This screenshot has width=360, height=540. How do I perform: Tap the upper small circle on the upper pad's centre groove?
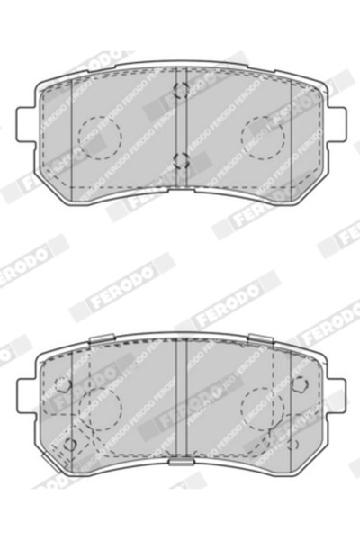pyautogui.click(x=181, y=90)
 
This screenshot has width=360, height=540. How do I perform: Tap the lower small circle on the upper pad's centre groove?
pyautogui.click(x=181, y=162)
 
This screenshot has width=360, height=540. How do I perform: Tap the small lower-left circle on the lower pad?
pyautogui.click(x=70, y=445)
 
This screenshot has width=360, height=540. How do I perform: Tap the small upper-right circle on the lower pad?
pyautogui.click(x=298, y=384)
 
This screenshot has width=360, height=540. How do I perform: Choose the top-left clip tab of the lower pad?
pyautogui.click(x=101, y=338)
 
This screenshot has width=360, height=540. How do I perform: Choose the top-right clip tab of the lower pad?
pyautogui.click(x=261, y=338)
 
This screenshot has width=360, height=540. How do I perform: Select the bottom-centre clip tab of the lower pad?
pyautogui.click(x=181, y=462)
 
